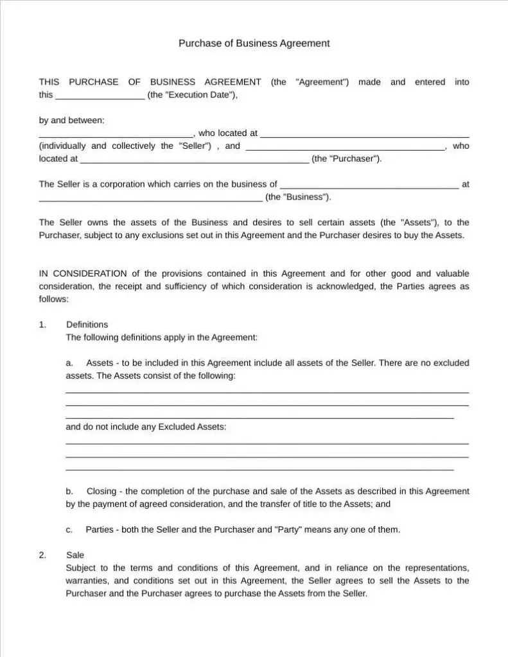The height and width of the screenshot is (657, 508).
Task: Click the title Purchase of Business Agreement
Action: coord(254,44)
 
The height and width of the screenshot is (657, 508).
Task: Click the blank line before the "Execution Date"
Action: coord(100,96)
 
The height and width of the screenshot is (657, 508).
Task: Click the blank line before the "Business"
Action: coord(150,199)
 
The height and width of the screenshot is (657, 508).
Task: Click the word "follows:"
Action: coord(53,298)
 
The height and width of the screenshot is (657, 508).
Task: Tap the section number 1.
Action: coord(42,325)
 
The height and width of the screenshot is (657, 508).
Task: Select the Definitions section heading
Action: coord(87,325)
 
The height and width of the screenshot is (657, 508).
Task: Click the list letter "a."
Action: coord(69,363)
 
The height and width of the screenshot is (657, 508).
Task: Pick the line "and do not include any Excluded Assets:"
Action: coord(146,427)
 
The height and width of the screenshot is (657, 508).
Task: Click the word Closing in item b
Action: coord(101,491)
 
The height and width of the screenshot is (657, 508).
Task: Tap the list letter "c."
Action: coord(69,530)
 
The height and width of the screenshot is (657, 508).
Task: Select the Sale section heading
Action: coord(75,555)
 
